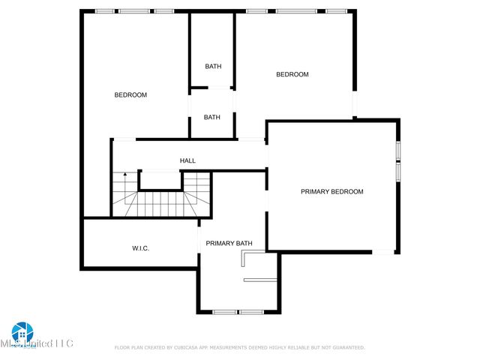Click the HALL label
click(x=187, y=160)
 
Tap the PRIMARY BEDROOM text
click(x=331, y=191)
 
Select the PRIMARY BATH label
click(x=229, y=243)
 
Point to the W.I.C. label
click(x=140, y=247)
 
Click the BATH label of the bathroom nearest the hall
click(x=212, y=117)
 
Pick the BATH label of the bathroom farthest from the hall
click(x=213, y=66)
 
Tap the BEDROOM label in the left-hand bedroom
click(x=130, y=94)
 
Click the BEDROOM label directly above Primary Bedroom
click(x=292, y=74)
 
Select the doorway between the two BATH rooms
click(x=212, y=89)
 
